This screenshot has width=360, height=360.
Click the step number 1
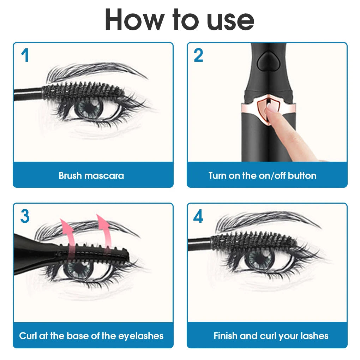coord(24,56)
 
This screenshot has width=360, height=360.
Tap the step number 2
coord(198,56)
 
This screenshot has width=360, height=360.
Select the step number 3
coord(24,216)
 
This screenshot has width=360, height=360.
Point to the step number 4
coord(198,216)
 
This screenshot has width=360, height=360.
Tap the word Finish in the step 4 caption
coord(226,336)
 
